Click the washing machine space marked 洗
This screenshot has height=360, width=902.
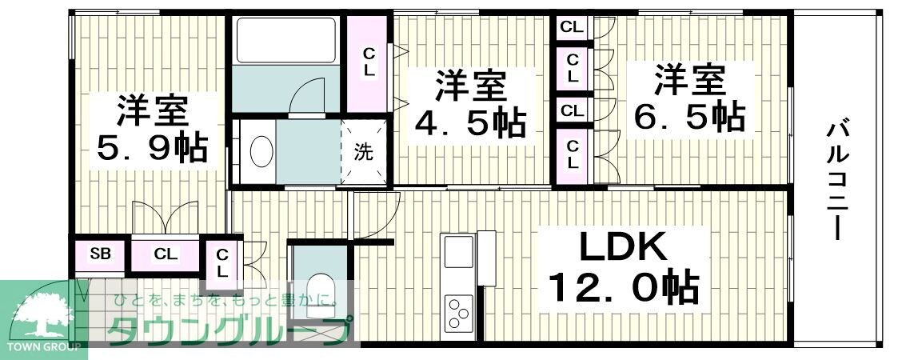tap(364, 152)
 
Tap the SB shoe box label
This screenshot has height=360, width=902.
tap(100, 255)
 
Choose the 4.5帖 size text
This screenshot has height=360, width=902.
tap(470, 122)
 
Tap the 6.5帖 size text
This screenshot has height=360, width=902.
tap(689, 118)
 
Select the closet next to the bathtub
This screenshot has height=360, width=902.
tap(369, 62)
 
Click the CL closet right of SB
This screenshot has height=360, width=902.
tap(166, 255)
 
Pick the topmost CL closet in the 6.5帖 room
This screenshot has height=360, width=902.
tap(572, 27)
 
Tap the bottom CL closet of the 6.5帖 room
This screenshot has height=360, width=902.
tap(573, 154)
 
